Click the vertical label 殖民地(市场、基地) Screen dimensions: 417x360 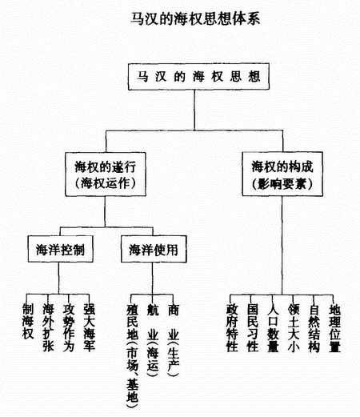133,352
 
